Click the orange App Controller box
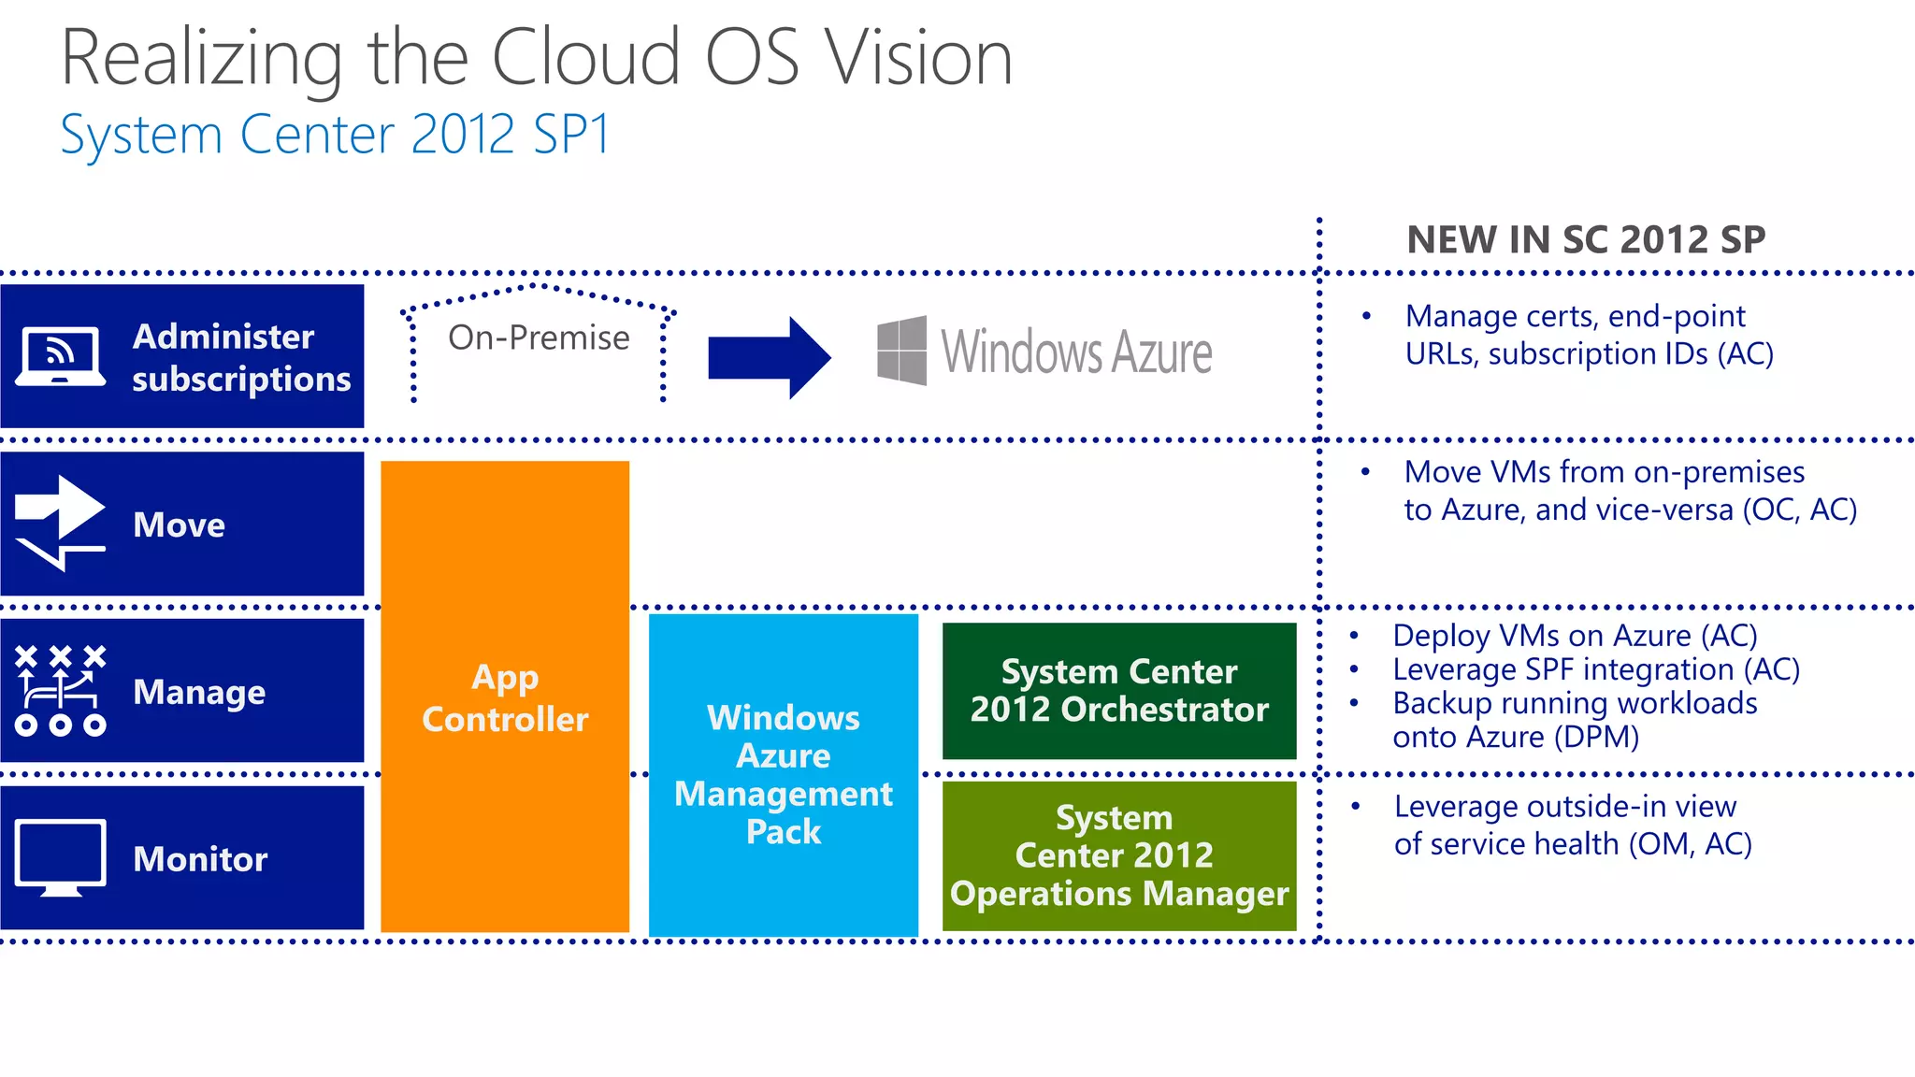505,696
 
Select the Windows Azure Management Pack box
784,774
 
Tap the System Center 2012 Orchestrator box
1119,691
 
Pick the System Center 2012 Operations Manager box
1119,855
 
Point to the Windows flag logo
902,351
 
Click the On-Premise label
539,337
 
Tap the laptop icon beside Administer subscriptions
60,356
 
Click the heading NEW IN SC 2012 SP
1586,240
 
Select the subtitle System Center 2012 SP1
335,135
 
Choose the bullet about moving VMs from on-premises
1629,491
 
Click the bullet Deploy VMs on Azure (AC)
1575,636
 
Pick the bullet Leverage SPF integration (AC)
1595,669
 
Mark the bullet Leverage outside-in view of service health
1572,825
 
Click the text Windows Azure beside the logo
1076,352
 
